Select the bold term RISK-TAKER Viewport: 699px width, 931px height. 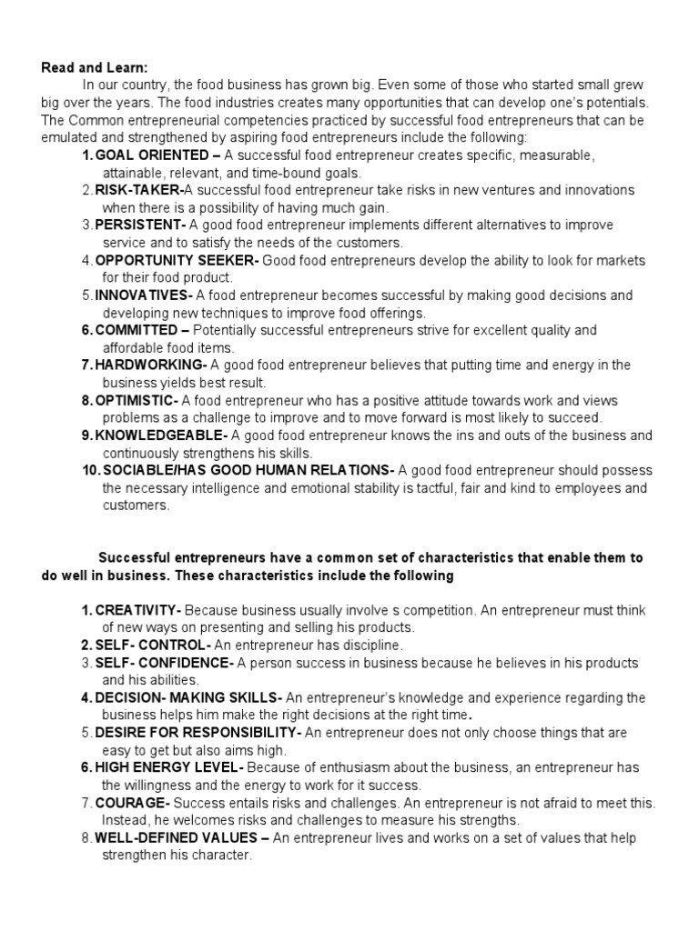(x=137, y=190)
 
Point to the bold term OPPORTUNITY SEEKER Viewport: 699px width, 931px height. (x=176, y=261)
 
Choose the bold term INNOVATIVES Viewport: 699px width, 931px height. (x=142, y=295)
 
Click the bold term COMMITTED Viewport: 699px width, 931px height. (x=137, y=330)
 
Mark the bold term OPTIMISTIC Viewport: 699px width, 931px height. (x=136, y=400)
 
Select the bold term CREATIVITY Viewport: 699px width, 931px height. (x=137, y=610)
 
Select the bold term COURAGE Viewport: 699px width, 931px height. (x=130, y=803)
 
